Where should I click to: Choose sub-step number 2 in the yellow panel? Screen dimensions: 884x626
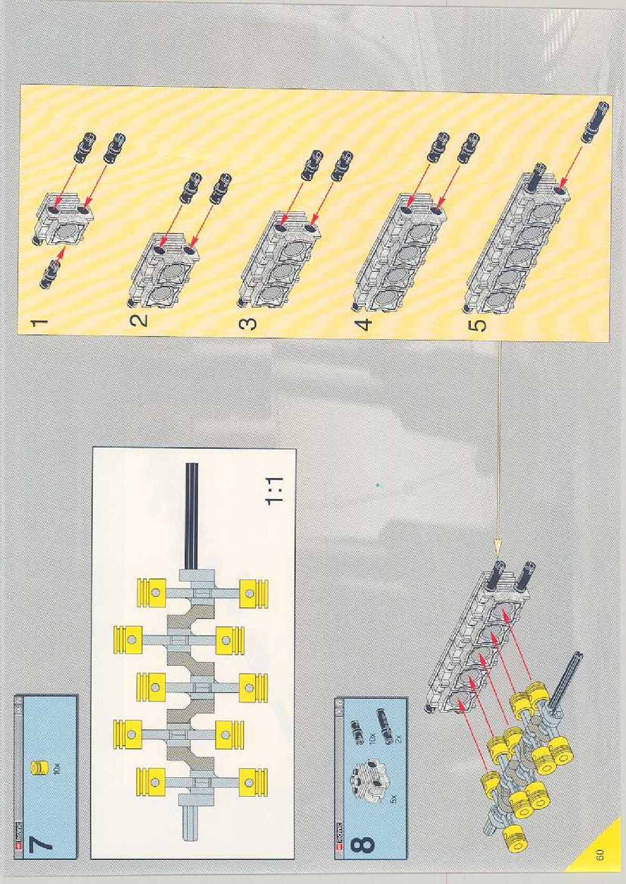tap(140, 320)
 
